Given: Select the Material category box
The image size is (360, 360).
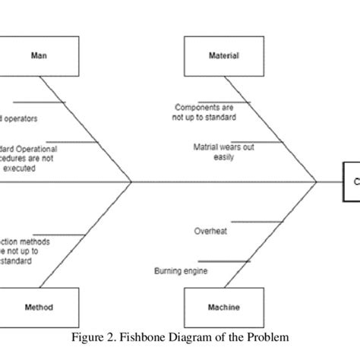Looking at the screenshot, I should (x=223, y=55).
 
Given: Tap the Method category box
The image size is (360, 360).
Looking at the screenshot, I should (x=38, y=308).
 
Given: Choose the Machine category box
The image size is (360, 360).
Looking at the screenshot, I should (x=223, y=308).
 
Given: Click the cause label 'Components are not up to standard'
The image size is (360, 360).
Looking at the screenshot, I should (x=204, y=113).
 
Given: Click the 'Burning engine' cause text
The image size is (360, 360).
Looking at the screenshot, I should (x=181, y=271).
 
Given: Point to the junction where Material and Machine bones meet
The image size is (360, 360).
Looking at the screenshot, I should (x=316, y=182).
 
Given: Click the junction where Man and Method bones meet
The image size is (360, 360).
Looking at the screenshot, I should (x=132, y=182).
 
